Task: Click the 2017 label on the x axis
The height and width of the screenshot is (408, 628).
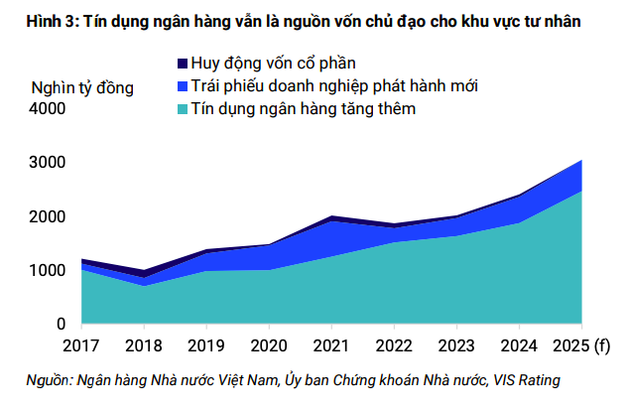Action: click(x=82, y=344)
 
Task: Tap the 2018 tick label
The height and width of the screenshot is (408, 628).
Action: click(x=145, y=344)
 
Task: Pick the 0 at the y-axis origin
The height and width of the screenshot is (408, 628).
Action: click(x=62, y=324)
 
